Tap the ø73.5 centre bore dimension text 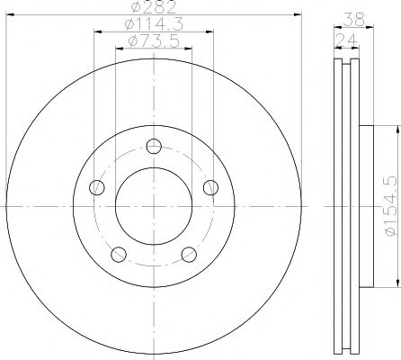tap(154, 42)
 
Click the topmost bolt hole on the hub tap(154, 147)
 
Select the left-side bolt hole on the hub tap(99, 187)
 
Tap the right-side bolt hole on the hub tap(210, 187)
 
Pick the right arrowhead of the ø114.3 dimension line tap(211, 33)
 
